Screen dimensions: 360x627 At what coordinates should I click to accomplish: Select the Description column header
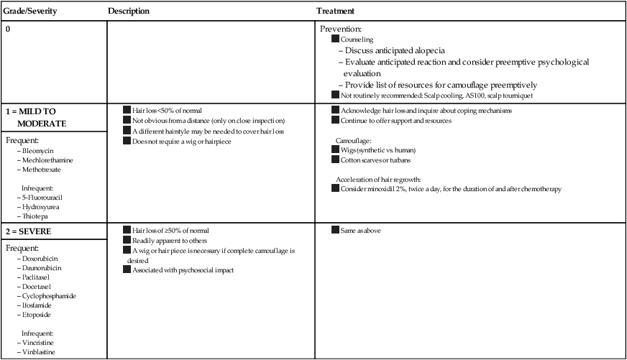coord(129,11)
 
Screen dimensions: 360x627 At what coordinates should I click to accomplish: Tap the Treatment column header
coord(335,11)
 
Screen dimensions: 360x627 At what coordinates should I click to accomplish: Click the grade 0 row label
coord(8,30)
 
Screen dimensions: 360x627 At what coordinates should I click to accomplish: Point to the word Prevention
coord(340,29)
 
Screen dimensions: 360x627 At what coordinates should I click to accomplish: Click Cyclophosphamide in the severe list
coord(50,295)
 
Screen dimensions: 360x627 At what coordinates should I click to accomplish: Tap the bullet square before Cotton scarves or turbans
coord(334,160)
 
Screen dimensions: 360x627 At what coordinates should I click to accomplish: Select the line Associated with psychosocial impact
coord(183,270)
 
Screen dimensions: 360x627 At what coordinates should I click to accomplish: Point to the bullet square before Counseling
coord(334,40)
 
